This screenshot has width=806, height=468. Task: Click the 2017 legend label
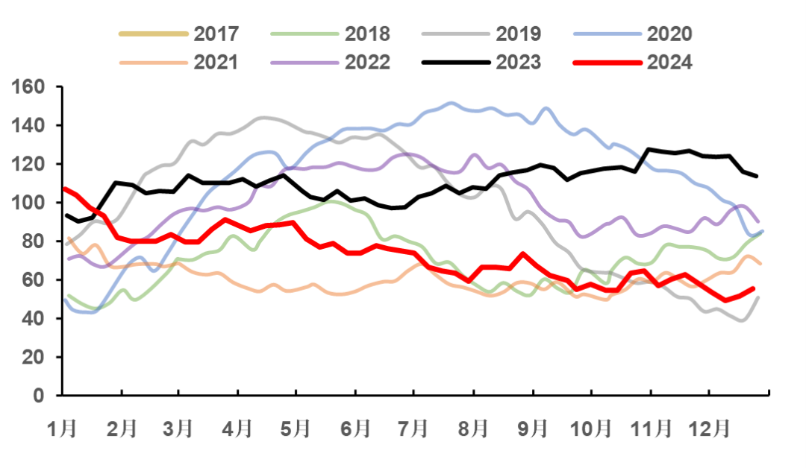pyautogui.click(x=216, y=34)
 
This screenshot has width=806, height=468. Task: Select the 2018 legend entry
pyautogui.click(x=367, y=34)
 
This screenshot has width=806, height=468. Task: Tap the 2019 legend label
pyautogui.click(x=519, y=34)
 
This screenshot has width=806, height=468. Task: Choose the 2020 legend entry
pyautogui.click(x=669, y=34)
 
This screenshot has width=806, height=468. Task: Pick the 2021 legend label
pyautogui.click(x=216, y=62)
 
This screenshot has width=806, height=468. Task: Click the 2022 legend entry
pyautogui.click(x=367, y=62)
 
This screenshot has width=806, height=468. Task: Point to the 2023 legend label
pyautogui.click(x=519, y=62)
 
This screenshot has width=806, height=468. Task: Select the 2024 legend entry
pyautogui.click(x=669, y=62)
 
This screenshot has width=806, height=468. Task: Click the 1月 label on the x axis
pyautogui.click(x=62, y=429)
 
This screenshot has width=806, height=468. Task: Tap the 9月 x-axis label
pyautogui.click(x=531, y=429)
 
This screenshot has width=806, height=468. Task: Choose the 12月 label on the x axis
pyautogui.click(x=707, y=429)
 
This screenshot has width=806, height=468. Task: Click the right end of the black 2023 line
pyautogui.click(x=757, y=176)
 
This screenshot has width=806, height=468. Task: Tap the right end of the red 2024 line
pyautogui.click(x=753, y=288)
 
